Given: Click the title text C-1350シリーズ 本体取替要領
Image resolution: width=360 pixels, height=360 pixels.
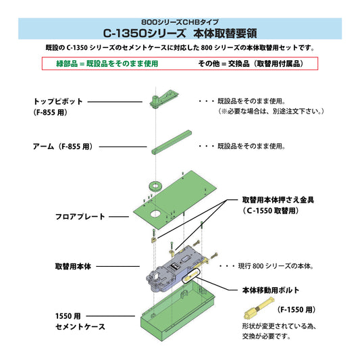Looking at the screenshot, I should [180, 32].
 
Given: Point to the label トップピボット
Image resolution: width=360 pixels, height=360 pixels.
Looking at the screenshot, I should [58, 101].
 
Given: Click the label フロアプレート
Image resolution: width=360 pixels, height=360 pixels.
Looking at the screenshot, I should [80, 217].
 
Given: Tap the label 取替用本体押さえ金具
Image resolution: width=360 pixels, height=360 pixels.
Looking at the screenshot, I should [278, 201].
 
